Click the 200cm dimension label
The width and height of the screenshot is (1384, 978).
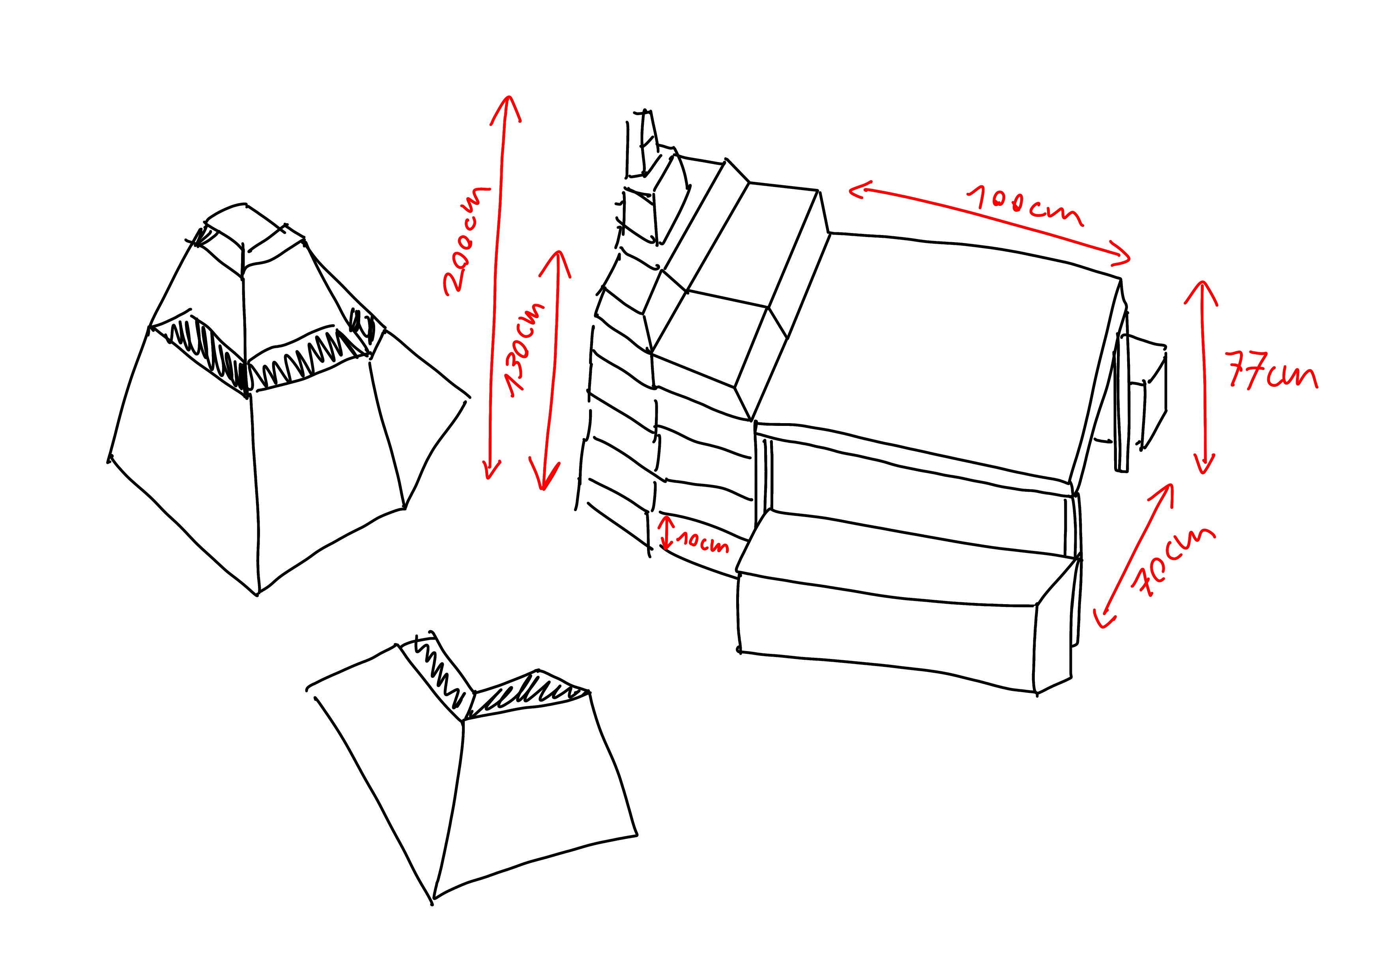coord(466,241)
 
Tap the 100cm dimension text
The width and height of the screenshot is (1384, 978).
coord(1025,205)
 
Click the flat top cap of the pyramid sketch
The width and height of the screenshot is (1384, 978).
coord(253,232)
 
